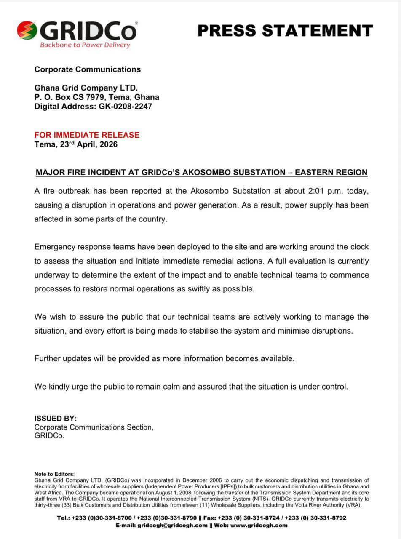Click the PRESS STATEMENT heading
click(285, 31)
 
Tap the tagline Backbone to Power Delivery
click(85, 45)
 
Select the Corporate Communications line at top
click(88, 69)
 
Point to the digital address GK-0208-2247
click(126, 107)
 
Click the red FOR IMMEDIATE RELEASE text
click(87, 135)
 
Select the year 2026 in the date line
click(107, 144)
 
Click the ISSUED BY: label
click(56, 419)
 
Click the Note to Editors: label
click(55, 474)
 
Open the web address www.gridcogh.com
click(259, 525)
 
